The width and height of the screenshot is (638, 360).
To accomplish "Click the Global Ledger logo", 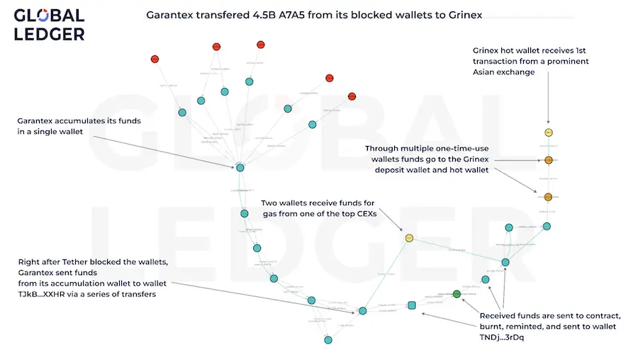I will point(49,25).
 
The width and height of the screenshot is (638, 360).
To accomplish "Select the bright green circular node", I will point(457,293).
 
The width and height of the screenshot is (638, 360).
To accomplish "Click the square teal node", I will point(411,305).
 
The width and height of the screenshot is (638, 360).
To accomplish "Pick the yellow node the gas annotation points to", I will point(409,238).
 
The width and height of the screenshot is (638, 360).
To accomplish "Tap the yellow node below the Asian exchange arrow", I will point(548,133).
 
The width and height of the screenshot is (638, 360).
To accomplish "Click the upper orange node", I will point(548,161).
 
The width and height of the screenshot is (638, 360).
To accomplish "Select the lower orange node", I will point(548,196).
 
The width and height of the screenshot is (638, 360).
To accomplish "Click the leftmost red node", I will point(155,59).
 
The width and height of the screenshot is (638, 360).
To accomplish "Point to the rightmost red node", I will point(352,96).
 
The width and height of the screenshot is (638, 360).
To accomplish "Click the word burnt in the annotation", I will point(496,327).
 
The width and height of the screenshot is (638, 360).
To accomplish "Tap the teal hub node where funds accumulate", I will point(240,167).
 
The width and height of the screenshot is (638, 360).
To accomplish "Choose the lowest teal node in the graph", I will point(328,340).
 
